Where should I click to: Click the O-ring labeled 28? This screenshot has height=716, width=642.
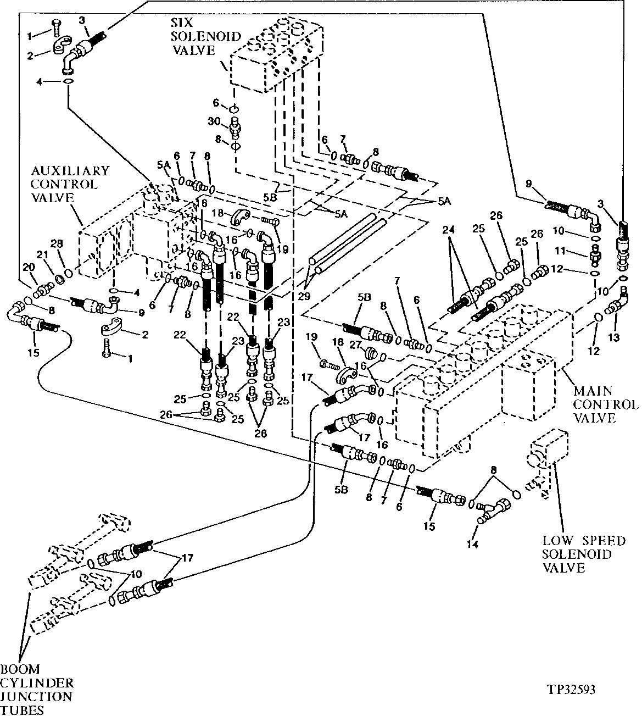(x=68, y=273)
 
